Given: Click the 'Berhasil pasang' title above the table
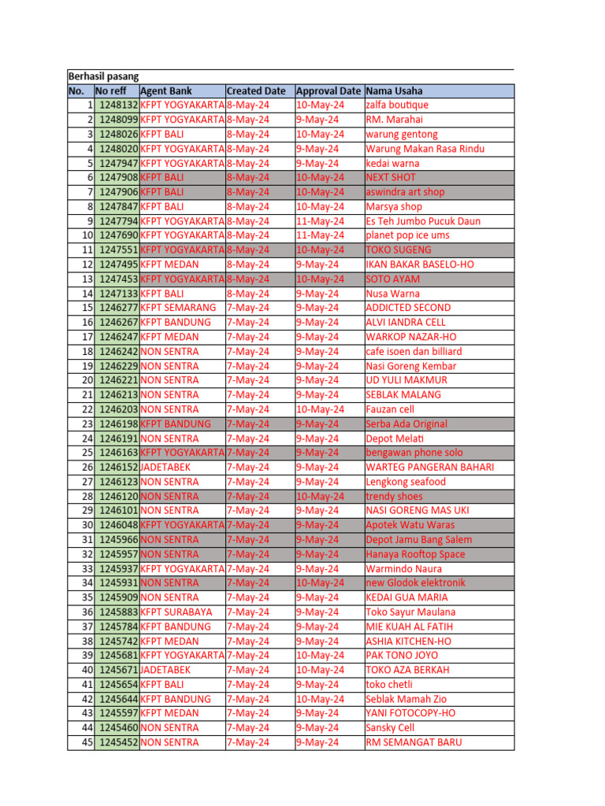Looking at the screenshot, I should tap(103, 76).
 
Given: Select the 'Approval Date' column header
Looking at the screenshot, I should tap(328, 91).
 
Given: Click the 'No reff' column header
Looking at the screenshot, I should tap(110, 91).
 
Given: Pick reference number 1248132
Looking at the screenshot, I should tap(119, 105).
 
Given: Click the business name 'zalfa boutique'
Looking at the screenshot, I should tap(397, 105).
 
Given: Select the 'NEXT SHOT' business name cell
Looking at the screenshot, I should tap(391, 178).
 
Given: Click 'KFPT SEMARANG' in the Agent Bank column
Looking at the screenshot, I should tap(178, 308).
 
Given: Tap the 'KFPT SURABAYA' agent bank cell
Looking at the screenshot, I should tap(176, 612).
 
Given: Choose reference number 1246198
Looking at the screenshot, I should tap(119, 423).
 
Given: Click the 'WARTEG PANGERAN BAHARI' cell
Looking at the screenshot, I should tap(430, 467).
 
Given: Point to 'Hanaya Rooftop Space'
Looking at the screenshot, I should tap(415, 554).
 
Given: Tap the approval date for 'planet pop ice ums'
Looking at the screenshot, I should tap(320, 235).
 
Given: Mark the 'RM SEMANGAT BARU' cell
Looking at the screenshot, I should tap(414, 742).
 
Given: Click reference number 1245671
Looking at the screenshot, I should tap(119, 670).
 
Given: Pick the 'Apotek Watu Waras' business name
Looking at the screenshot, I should tap(410, 525).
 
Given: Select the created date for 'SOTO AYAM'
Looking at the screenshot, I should tap(248, 279).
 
